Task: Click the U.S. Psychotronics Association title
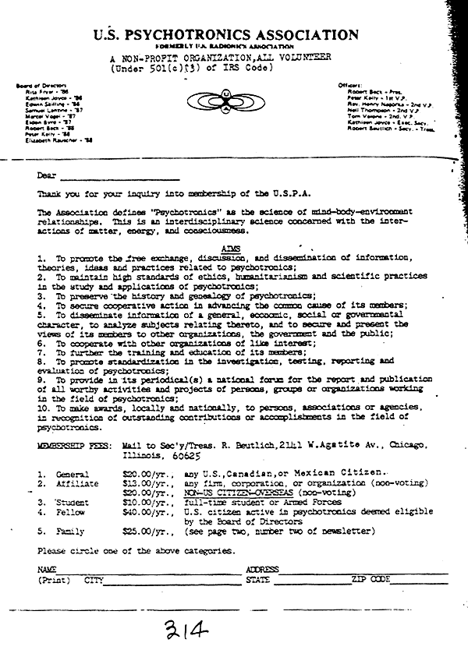pos(225,35)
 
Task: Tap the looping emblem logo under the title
pos(225,101)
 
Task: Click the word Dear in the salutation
pos(47,175)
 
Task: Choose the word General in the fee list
pos(73,474)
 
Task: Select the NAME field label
pos(45,570)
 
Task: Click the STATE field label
pos(257,580)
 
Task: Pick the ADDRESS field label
pos(262,570)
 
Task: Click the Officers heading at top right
pos(353,84)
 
